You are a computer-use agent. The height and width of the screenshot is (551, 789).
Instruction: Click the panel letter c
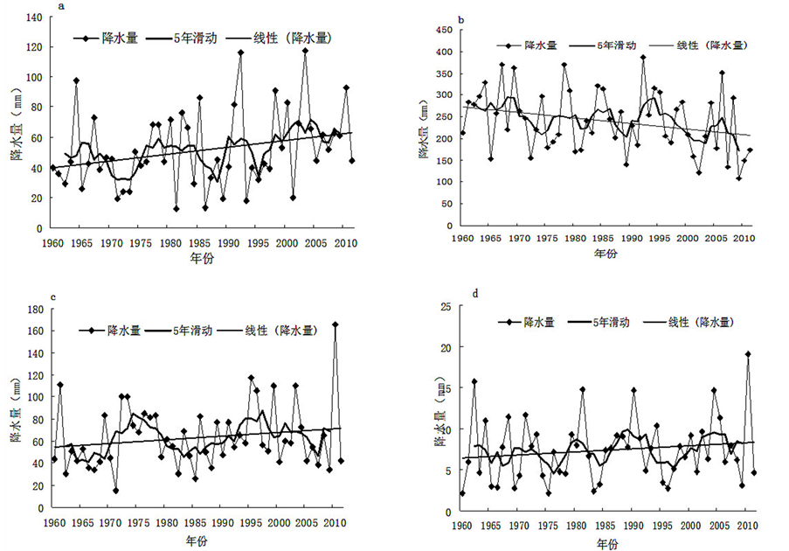pos(55,296)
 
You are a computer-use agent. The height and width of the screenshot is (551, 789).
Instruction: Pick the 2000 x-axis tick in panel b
pos(689,238)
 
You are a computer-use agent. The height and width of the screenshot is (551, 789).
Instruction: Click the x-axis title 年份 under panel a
pos(201,260)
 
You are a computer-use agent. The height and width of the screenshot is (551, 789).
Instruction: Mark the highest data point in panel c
pos(335,325)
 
